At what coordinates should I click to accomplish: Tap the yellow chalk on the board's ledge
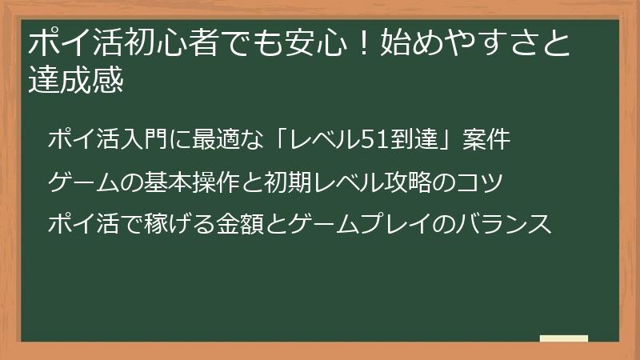pos(563,338)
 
